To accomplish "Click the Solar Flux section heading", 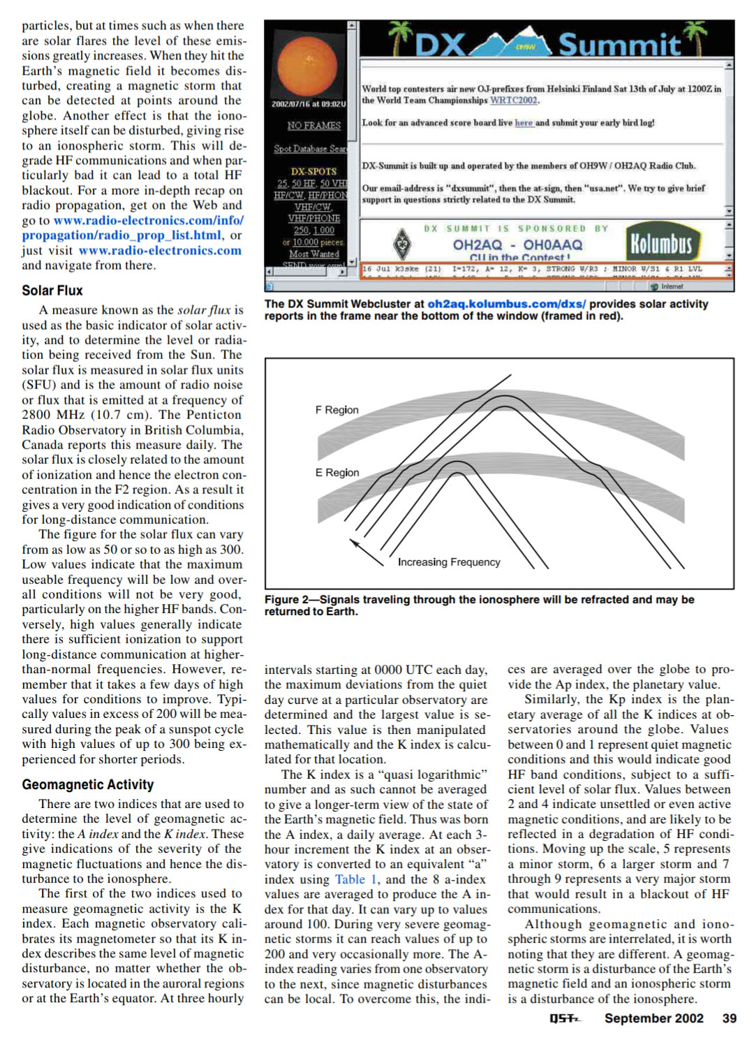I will click(52, 291).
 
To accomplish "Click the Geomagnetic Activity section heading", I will click(87, 784).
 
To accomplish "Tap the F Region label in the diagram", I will click(337, 410).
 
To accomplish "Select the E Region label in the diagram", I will click(337, 473).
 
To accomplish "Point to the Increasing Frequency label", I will click(449, 562).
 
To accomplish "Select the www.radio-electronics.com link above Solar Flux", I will click(160, 250).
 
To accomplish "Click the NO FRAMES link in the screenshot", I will click(313, 126).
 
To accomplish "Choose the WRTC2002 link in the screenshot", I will click(514, 101).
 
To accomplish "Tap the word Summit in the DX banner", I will click(619, 45).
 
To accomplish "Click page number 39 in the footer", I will click(729, 1018).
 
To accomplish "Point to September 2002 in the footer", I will click(653, 1018).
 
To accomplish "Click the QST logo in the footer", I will click(564, 1019).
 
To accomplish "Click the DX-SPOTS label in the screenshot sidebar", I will click(313, 171).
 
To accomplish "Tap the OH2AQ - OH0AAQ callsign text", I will click(517, 245).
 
